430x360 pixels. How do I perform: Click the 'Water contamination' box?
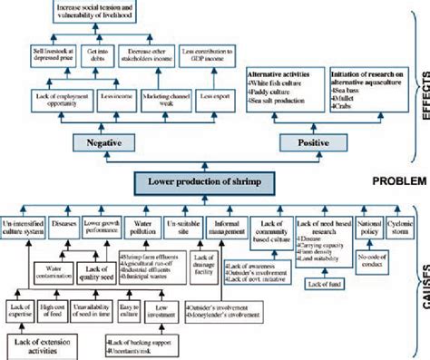[x=51, y=270]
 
